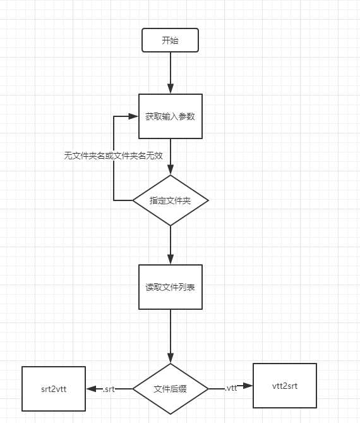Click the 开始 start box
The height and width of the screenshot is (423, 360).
tap(171, 40)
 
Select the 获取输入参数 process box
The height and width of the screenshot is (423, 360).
tap(171, 116)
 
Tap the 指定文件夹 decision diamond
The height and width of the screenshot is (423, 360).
tap(171, 200)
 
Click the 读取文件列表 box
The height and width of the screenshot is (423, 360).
tap(171, 287)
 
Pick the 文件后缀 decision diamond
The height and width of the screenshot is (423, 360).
tap(171, 389)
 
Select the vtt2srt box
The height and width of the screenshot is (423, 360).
tap(284, 385)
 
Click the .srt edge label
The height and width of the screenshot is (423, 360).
tap(108, 389)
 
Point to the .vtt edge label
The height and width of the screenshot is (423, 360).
tap(231, 388)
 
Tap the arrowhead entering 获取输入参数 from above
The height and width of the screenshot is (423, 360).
tap(171, 89)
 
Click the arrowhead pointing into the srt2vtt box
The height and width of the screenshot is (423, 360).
tap(90, 389)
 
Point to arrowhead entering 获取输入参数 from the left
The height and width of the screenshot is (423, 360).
tap(133, 116)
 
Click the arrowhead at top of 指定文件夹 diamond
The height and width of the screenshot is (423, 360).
tap(171, 170)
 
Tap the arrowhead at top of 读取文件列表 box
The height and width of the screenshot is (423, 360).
tap(171, 259)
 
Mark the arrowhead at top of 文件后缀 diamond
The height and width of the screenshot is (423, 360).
tap(171, 358)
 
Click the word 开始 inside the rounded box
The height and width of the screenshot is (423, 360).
tap(171, 40)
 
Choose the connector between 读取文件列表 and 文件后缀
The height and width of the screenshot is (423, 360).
tap(171, 332)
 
